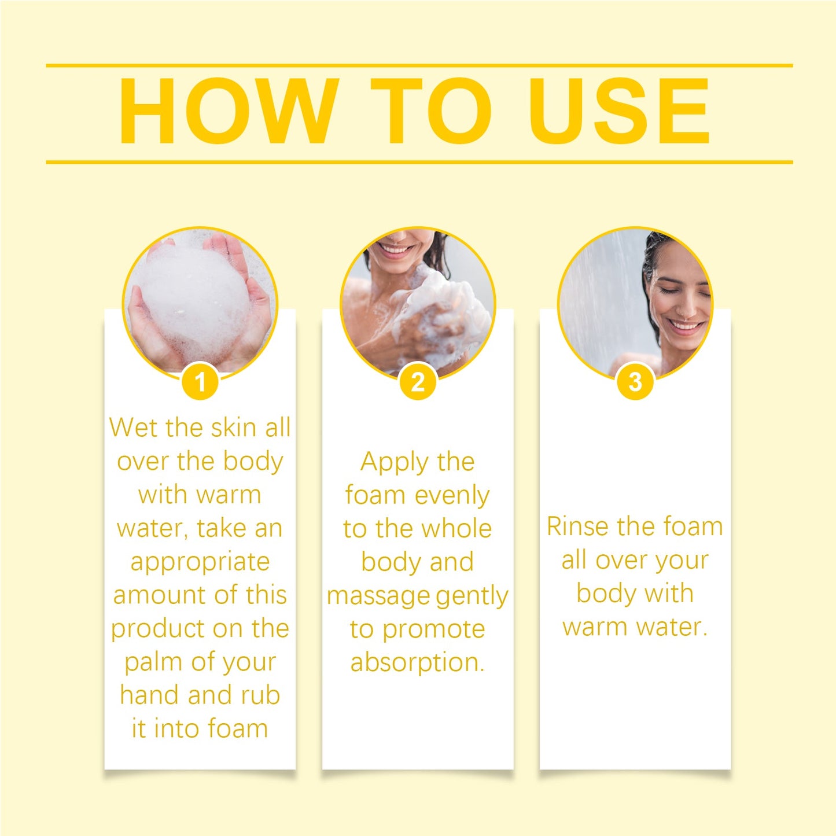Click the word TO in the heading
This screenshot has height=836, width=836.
(x=430, y=111)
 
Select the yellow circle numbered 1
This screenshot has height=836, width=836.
(x=200, y=382)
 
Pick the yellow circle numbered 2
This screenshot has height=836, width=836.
(x=417, y=382)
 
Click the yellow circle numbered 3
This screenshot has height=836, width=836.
(x=635, y=382)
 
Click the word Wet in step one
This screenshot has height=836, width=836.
(x=133, y=428)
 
